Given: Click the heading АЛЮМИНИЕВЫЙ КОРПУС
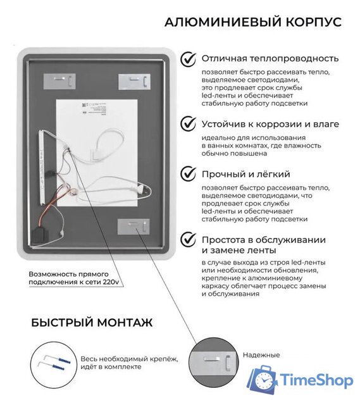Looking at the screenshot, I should pyautogui.click(x=252, y=22).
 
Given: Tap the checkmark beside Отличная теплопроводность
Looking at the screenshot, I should pyautogui.click(x=188, y=59).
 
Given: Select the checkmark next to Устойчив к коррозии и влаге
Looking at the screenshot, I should pyautogui.click(x=188, y=123).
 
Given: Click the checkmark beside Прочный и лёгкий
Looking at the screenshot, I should pyautogui.click(x=188, y=173).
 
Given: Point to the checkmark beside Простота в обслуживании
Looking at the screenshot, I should pyautogui.click(x=188, y=239).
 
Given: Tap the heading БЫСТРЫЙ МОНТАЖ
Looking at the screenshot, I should pyautogui.click(x=92, y=323).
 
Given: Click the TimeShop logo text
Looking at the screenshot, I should pyautogui.click(x=315, y=380).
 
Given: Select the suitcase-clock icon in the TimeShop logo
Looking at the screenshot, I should pyautogui.click(x=262, y=379).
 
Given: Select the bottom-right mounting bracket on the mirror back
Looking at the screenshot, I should pyautogui.click(x=133, y=227).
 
